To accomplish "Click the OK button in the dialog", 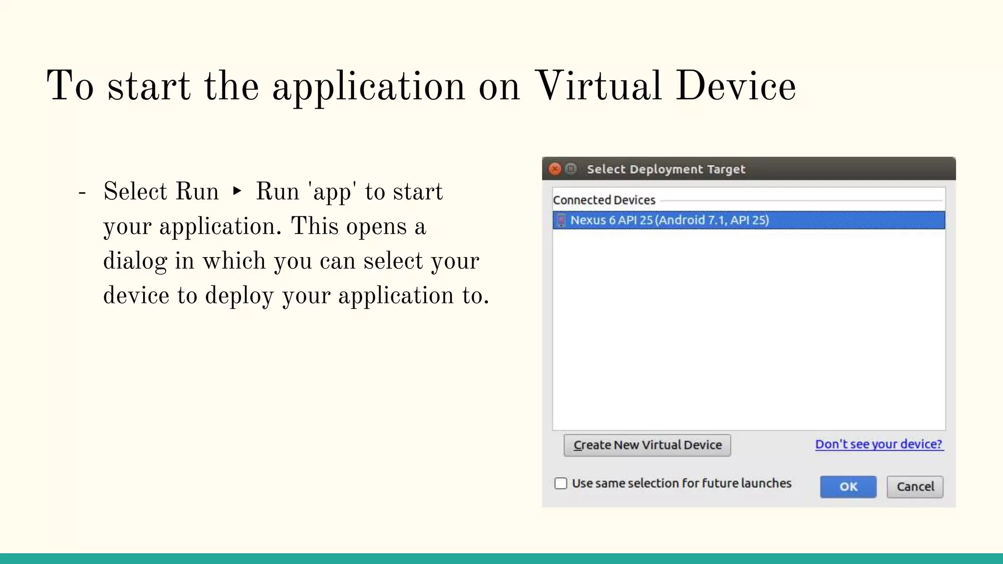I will tap(848, 487).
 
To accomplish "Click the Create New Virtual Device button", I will tap(647, 445).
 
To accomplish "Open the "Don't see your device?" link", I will tap(879, 444).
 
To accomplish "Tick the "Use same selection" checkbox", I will tap(561, 484).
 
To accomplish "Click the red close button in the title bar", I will tap(555, 169).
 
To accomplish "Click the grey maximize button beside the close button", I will tap(571, 169).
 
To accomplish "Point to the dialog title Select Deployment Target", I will tap(666, 169).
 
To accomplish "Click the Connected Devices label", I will tap(604, 200).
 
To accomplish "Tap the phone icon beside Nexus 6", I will tap(561, 220).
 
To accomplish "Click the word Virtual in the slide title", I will tap(598, 86).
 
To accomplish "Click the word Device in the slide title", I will tap(736, 86).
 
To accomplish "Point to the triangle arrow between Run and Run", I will tap(237, 190).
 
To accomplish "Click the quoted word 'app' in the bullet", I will tap(332, 192).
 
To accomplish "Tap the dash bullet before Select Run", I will tap(82, 192).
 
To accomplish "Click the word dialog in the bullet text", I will tap(135, 261).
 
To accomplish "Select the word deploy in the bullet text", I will tap(239, 296).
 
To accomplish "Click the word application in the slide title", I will tap(368, 87).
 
